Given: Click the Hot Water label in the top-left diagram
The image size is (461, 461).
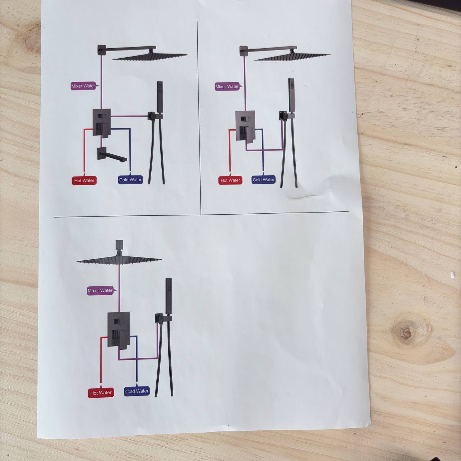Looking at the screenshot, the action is coord(84,181).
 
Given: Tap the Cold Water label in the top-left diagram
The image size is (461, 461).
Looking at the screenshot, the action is coord(130,180).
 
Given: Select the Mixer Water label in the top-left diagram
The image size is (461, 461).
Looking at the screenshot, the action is coord(83,86).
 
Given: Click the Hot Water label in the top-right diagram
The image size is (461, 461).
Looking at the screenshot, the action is coord(230,180).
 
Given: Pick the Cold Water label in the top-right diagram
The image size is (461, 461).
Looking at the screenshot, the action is coord(263,180).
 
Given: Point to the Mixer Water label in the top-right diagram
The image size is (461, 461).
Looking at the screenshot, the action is coord(227,86).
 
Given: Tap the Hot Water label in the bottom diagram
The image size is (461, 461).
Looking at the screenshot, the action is coord(101,393).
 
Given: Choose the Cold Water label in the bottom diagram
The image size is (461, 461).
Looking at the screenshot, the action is coord(136,391).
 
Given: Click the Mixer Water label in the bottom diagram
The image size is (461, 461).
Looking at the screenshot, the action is coord(100,291).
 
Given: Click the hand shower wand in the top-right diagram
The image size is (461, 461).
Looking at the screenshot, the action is coord(291,95).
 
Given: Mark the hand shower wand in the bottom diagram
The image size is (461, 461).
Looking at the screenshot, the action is coord(169,296).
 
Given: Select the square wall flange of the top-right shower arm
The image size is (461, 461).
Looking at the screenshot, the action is coord(244,51).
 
